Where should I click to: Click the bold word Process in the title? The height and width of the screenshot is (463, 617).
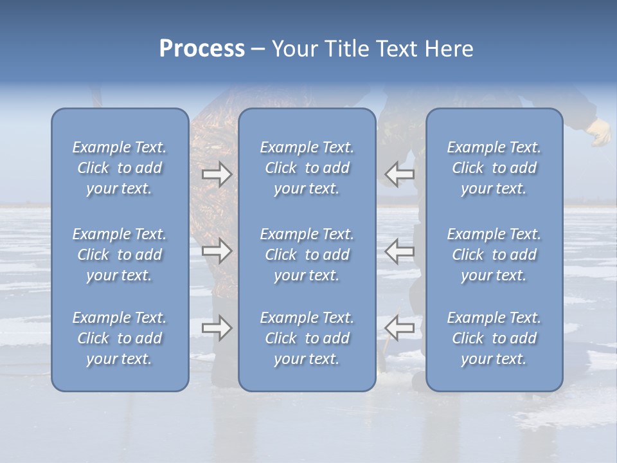point(202,49)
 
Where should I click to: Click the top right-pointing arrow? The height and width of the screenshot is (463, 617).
point(217,174)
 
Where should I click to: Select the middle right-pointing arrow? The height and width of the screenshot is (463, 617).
point(217,251)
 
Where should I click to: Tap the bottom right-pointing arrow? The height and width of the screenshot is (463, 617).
point(217,328)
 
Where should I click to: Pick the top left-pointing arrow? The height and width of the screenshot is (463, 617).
point(400,174)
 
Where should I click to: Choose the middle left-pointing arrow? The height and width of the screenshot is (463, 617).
point(400,251)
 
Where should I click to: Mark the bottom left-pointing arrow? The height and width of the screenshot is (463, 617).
point(400,328)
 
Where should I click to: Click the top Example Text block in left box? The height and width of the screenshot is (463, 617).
point(120,168)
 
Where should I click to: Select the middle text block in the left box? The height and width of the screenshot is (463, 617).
point(120,255)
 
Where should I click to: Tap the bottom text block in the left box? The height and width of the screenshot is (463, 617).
point(120,338)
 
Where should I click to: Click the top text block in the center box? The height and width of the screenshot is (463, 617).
point(307,168)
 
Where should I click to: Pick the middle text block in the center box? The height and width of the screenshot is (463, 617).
point(307,255)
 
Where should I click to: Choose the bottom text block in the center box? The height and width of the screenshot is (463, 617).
point(307,338)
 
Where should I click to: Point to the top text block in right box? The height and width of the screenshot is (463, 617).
point(494,168)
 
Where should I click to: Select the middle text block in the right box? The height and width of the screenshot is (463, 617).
point(494,255)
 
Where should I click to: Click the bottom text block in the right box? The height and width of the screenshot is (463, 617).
point(494,338)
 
